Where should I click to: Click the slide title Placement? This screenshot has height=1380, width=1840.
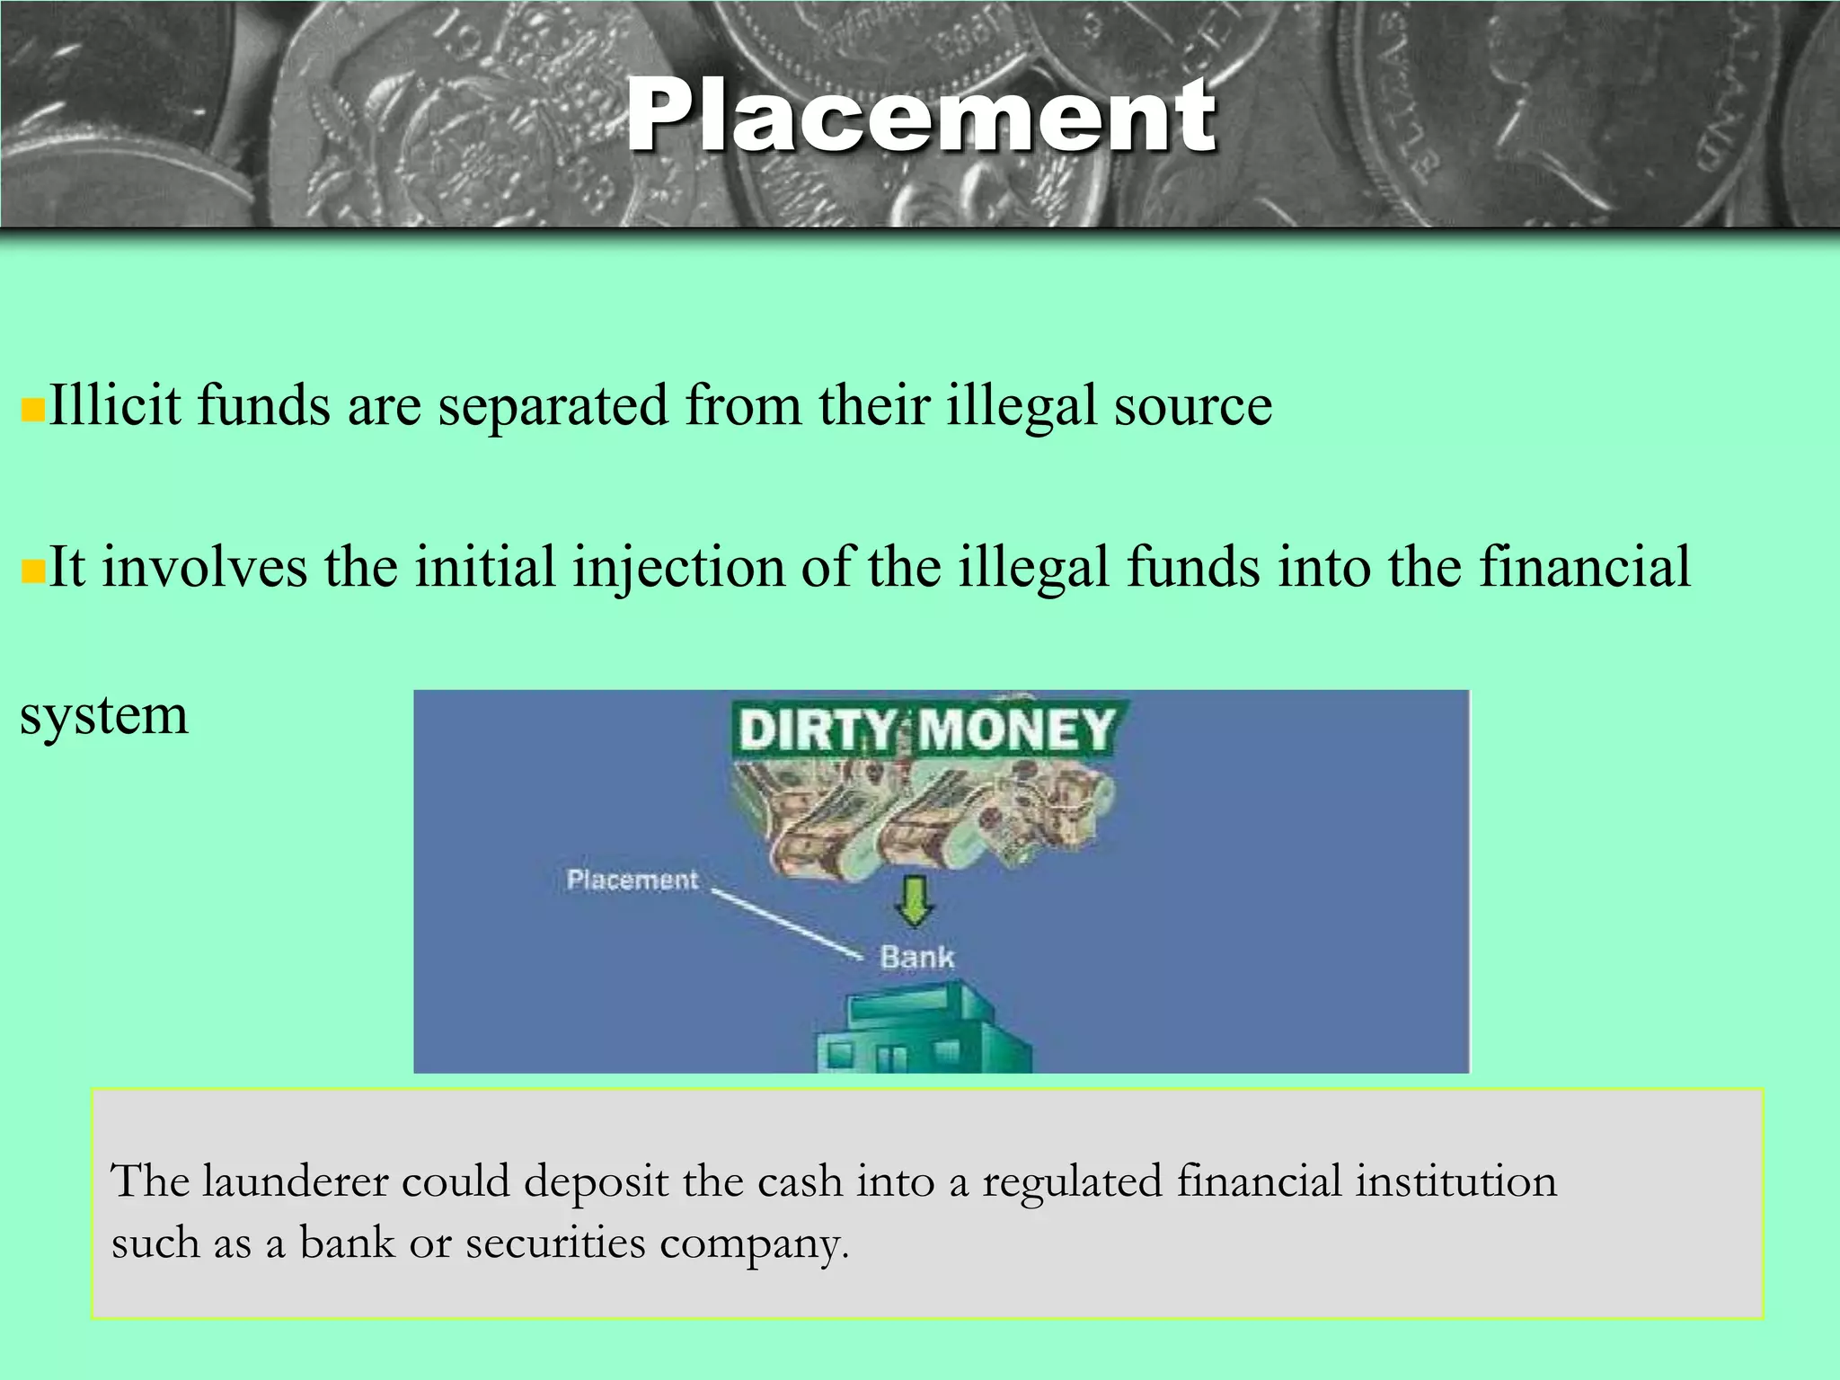click(x=920, y=117)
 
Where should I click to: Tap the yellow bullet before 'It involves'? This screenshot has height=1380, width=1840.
click(x=32, y=571)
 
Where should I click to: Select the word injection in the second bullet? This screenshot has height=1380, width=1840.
click(x=678, y=568)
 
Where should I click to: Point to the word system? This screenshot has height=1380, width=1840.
click(x=104, y=716)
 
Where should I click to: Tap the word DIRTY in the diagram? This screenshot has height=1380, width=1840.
click(x=816, y=729)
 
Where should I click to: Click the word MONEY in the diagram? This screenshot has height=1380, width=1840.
click(x=1016, y=729)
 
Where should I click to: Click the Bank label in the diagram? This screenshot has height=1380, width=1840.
click(x=916, y=958)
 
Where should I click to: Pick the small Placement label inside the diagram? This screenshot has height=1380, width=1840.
click(x=632, y=880)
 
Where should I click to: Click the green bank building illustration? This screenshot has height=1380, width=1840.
click(x=924, y=1033)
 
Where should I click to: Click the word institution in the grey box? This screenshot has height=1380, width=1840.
click(x=1455, y=1181)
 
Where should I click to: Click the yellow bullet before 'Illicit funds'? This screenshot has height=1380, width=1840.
click(x=32, y=411)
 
